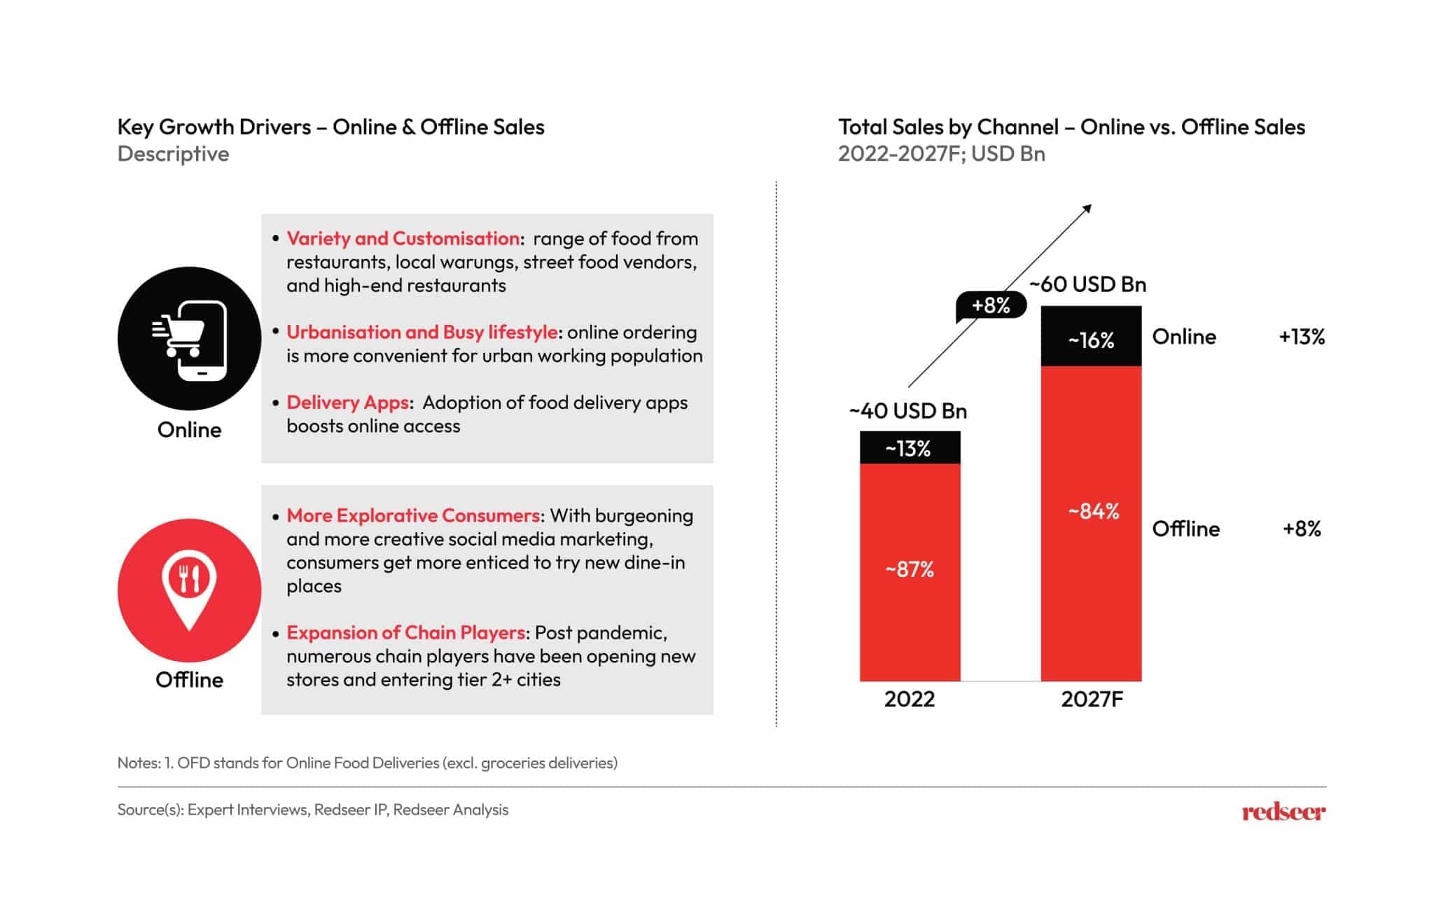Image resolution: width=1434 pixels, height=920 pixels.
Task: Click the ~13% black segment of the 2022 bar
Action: coord(910,447)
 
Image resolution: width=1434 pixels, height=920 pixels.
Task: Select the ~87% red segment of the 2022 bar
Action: coord(910,571)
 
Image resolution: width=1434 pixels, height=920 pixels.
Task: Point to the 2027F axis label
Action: coord(1091,699)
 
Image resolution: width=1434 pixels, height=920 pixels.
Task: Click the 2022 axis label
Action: coord(909,699)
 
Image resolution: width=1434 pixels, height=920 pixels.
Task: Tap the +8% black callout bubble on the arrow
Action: coord(991,305)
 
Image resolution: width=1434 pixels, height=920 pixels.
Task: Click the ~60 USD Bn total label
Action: coord(1087,284)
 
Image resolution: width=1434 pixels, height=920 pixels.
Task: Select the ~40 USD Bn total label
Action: coord(907,411)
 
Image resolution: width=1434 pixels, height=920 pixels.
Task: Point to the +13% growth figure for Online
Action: coord(1302,337)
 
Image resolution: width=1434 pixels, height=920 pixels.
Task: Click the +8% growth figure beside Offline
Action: coord(1302,529)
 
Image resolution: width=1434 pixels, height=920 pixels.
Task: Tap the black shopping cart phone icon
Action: coord(189,338)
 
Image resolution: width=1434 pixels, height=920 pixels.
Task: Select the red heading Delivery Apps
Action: coord(347,403)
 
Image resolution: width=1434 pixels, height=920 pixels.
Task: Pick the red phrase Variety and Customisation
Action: coord(403,238)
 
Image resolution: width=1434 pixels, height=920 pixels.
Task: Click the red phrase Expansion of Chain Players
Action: coord(405,632)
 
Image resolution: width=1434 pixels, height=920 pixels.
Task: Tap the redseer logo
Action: coord(1283,811)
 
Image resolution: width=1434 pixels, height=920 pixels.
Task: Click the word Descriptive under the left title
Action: coord(173,153)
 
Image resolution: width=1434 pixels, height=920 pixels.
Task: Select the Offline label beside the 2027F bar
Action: coord(1185,529)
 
